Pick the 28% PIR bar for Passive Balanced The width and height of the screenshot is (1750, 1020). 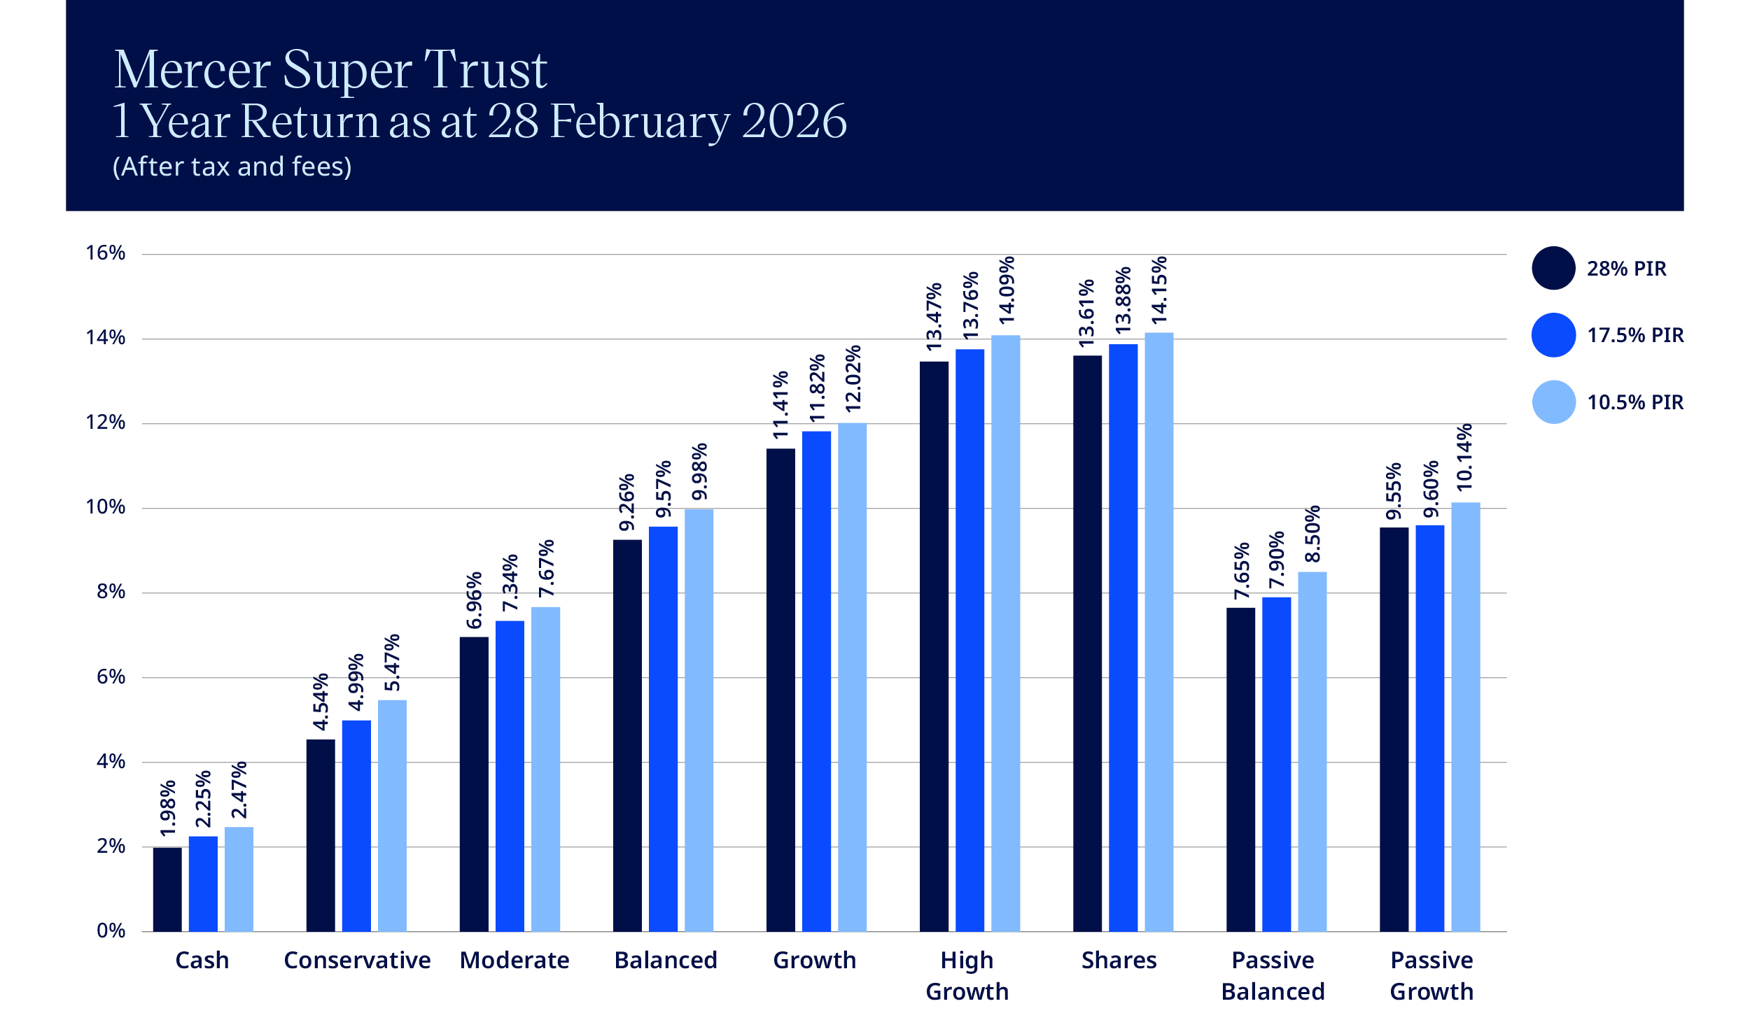click(x=1240, y=769)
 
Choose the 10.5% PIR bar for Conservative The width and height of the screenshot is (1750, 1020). click(x=392, y=815)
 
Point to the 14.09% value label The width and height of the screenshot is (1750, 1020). click(x=1006, y=290)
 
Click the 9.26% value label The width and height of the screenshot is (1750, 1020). click(x=627, y=502)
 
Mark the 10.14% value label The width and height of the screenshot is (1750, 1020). click(x=1464, y=457)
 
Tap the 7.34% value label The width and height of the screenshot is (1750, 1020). click(x=510, y=583)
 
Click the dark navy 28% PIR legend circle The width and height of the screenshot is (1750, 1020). click(x=1553, y=268)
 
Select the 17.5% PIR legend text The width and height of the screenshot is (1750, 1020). click(x=1634, y=335)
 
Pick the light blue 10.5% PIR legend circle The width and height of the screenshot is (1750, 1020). click(x=1553, y=402)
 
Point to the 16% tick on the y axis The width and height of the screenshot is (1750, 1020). click(x=106, y=253)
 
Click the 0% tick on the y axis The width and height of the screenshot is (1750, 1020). click(x=111, y=930)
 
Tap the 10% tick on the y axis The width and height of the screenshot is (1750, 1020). click(x=106, y=507)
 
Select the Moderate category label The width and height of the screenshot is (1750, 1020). click(x=514, y=960)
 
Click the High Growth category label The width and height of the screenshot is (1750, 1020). click(x=967, y=975)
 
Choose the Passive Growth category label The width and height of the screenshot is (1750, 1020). click(x=1431, y=975)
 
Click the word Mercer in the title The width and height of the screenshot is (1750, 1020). click(x=192, y=70)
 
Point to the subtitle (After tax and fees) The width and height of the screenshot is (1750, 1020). click(x=232, y=167)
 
